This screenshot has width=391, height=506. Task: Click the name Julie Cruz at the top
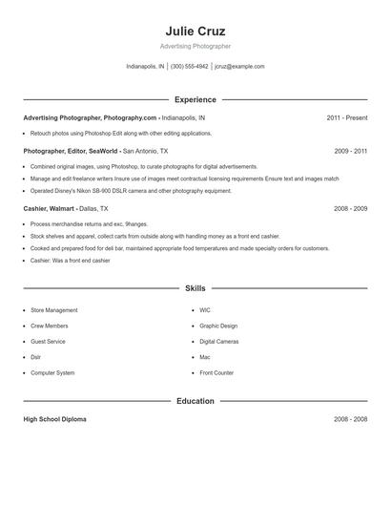pyautogui.click(x=195, y=31)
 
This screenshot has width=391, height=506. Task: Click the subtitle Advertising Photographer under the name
pyautogui.click(x=195, y=46)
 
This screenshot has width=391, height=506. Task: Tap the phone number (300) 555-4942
pyautogui.click(x=189, y=67)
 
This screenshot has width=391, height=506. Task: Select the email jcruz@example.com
pyautogui.click(x=239, y=67)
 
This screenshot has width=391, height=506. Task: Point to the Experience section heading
pyautogui.click(x=195, y=99)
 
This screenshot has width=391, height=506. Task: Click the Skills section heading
pyautogui.click(x=195, y=287)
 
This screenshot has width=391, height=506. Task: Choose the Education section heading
pyautogui.click(x=195, y=401)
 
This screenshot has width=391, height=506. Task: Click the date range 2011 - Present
pyautogui.click(x=346, y=118)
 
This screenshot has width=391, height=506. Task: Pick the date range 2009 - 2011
pyautogui.click(x=350, y=151)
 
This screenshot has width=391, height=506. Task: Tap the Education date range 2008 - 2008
pyautogui.click(x=350, y=419)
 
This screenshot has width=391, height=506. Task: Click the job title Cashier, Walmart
pyautogui.click(x=50, y=208)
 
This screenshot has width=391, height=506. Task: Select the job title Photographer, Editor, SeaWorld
pyautogui.click(x=71, y=151)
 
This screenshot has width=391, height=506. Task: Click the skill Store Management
pyautogui.click(x=54, y=310)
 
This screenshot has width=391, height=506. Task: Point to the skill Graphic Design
pyautogui.click(x=218, y=326)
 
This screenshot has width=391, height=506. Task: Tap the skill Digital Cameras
pyautogui.click(x=219, y=341)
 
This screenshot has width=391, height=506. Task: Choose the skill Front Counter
pyautogui.click(x=216, y=372)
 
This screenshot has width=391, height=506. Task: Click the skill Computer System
pyautogui.click(x=52, y=372)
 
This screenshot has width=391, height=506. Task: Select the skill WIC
pyautogui.click(x=205, y=310)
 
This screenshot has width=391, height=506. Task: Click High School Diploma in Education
pyautogui.click(x=54, y=419)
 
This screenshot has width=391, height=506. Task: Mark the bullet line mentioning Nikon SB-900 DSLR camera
pyautogui.click(x=131, y=191)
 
